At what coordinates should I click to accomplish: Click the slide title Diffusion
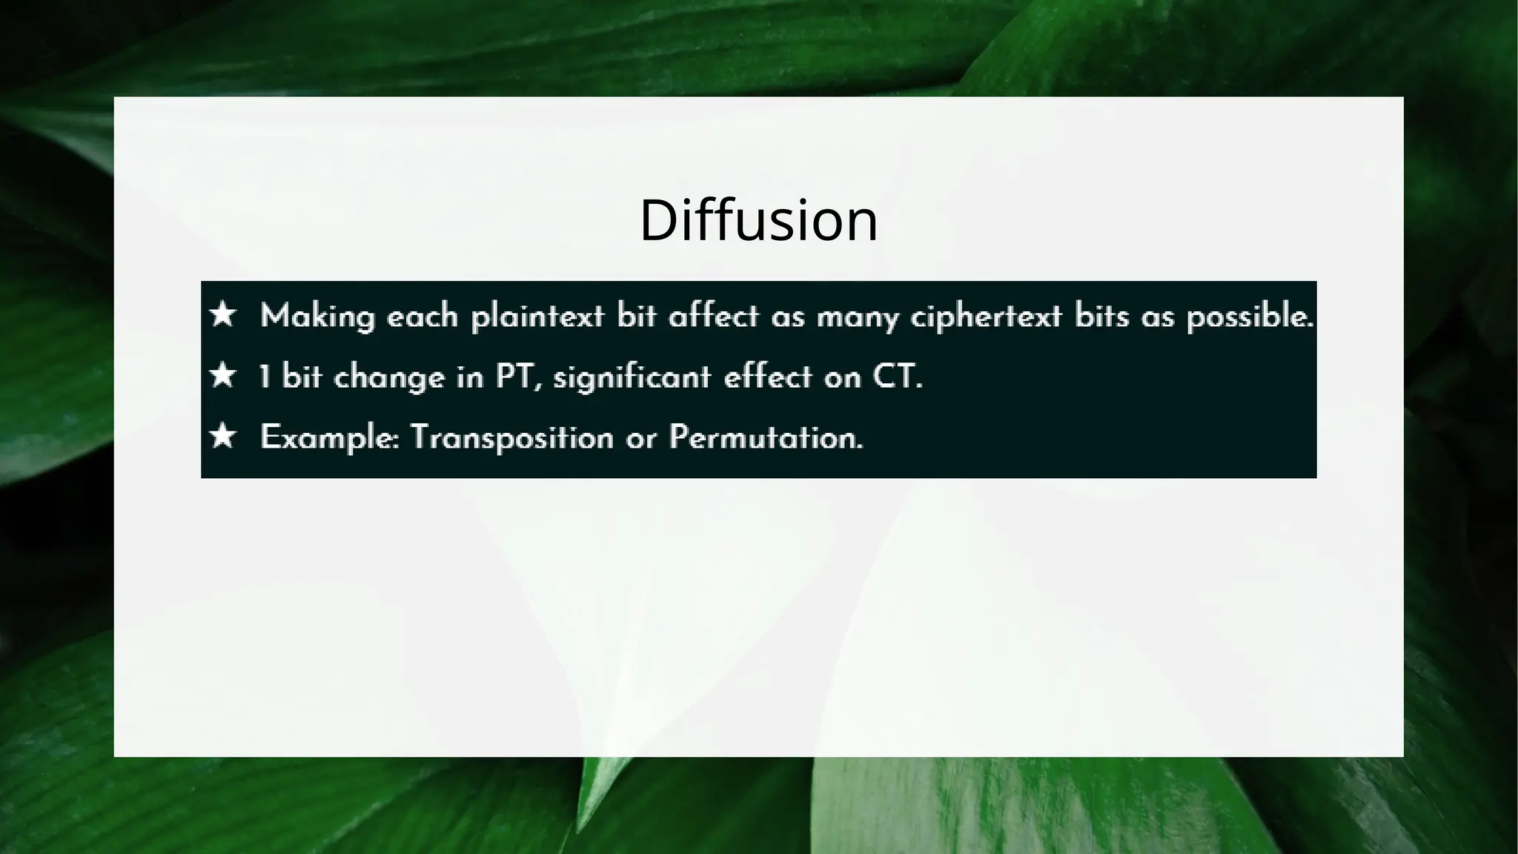click(758, 220)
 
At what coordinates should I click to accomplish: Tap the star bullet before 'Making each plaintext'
click(222, 315)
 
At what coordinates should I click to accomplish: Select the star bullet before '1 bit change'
click(222, 376)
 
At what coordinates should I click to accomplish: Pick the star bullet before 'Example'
click(222, 436)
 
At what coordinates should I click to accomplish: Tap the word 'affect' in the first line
click(714, 317)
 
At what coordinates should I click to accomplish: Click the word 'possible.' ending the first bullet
click(1250, 317)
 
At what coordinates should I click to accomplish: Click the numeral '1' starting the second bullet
click(264, 377)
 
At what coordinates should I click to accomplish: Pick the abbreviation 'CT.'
click(897, 377)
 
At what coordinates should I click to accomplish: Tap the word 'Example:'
click(330, 438)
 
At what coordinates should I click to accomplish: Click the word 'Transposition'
click(511, 437)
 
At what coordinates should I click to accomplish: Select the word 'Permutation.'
click(766, 437)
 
